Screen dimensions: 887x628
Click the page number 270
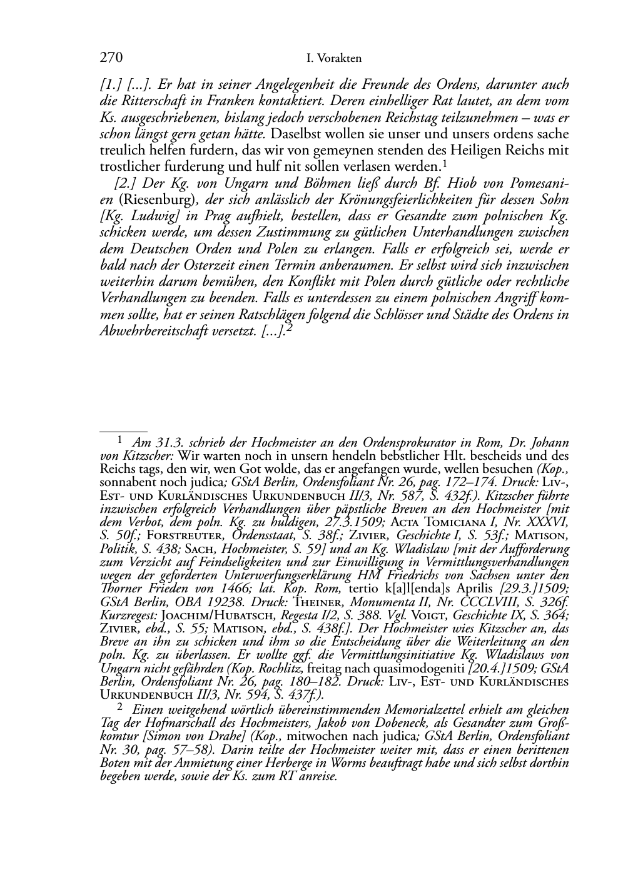tap(111, 58)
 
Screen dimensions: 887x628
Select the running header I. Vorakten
tap(334, 59)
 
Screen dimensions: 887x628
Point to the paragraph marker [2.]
tap(126, 184)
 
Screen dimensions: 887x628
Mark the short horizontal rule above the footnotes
tap(123, 431)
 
